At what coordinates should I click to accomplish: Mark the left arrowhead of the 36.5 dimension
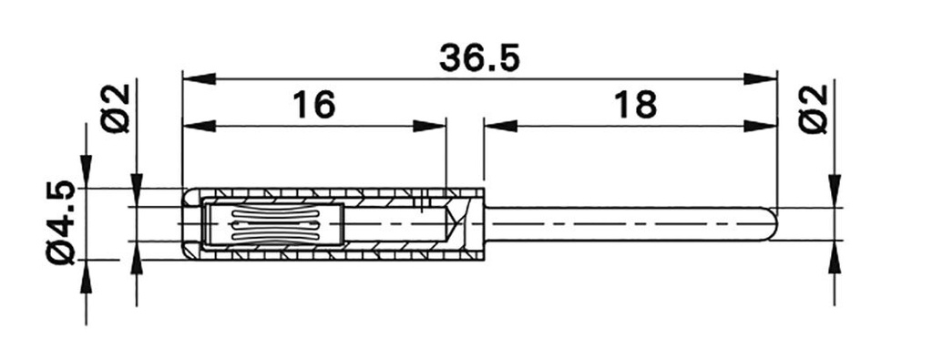[197, 78]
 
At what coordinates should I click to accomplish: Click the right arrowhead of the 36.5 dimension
[762, 78]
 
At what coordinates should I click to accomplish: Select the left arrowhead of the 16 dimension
[197, 126]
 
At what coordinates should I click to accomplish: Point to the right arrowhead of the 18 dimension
[762, 126]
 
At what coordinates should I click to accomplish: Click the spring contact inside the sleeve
[273, 225]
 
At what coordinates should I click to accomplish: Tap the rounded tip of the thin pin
[773, 224]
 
